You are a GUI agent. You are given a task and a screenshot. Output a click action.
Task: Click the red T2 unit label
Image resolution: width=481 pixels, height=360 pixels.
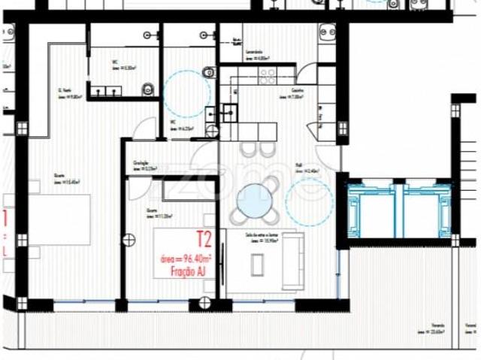203,240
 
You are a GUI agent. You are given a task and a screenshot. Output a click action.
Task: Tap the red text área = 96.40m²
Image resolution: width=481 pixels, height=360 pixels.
186,258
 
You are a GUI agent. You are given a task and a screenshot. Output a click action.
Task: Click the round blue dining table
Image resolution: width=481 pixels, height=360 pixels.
255,201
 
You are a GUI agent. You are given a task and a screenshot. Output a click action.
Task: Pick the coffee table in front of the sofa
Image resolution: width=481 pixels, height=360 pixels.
258,263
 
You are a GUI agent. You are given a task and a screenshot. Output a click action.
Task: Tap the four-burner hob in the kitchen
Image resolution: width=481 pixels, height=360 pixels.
267,75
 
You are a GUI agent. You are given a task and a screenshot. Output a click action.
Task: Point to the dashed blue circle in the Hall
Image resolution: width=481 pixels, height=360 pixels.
308,201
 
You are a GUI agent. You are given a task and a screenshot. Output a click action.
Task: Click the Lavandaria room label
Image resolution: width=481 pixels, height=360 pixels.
258,55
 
